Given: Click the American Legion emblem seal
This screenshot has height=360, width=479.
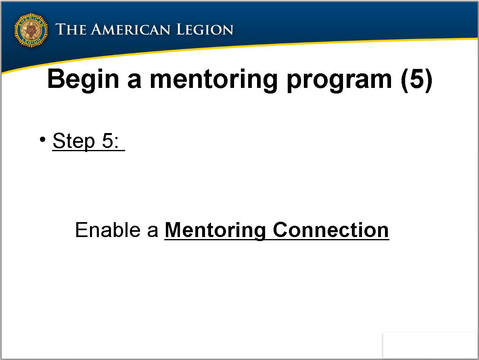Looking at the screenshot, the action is click(x=31, y=30).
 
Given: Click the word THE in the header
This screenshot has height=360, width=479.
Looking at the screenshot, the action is click(x=71, y=29).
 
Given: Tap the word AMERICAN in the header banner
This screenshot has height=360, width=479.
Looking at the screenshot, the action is click(x=130, y=29).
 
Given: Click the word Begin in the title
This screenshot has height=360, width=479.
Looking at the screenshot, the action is click(x=83, y=79).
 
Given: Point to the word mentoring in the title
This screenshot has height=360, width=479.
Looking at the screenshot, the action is click(x=213, y=79).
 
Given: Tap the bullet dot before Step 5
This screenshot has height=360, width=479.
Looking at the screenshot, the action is click(x=42, y=139).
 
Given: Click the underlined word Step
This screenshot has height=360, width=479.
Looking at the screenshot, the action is click(x=73, y=141).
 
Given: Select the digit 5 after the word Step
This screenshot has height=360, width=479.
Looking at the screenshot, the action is click(x=107, y=141).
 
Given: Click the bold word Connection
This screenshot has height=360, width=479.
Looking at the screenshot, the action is click(x=330, y=230).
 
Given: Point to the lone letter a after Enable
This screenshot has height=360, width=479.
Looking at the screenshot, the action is click(x=153, y=231).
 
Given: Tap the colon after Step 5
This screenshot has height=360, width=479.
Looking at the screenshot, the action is click(x=116, y=143).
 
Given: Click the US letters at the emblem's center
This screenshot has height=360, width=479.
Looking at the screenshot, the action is click(x=31, y=30).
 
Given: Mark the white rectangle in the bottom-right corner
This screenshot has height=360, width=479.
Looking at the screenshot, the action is click(x=430, y=345).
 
